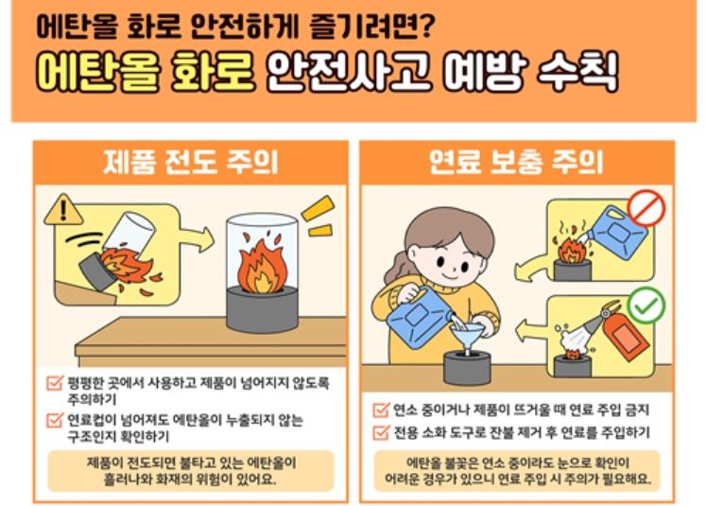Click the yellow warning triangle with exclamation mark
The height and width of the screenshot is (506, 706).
tap(63, 210)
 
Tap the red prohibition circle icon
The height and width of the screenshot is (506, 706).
tap(646, 207)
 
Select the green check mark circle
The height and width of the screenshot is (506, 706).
tap(646, 305)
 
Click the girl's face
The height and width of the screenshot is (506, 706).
tap(450, 261)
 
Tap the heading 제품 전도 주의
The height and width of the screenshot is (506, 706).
tap(191, 163)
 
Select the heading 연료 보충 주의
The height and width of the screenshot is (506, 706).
tap(516, 163)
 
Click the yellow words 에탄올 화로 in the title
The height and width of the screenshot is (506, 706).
tap(146, 72)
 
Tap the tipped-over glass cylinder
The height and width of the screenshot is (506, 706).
tap(129, 233)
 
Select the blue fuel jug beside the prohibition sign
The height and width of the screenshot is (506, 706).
tap(619, 233)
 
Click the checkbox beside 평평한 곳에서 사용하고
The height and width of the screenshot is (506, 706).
tap(55, 383)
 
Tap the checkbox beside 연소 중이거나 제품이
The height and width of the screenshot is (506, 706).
tap(381, 410)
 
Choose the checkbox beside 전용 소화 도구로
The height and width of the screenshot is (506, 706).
tap(381, 432)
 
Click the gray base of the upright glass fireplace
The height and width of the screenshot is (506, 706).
tap(262, 309)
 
